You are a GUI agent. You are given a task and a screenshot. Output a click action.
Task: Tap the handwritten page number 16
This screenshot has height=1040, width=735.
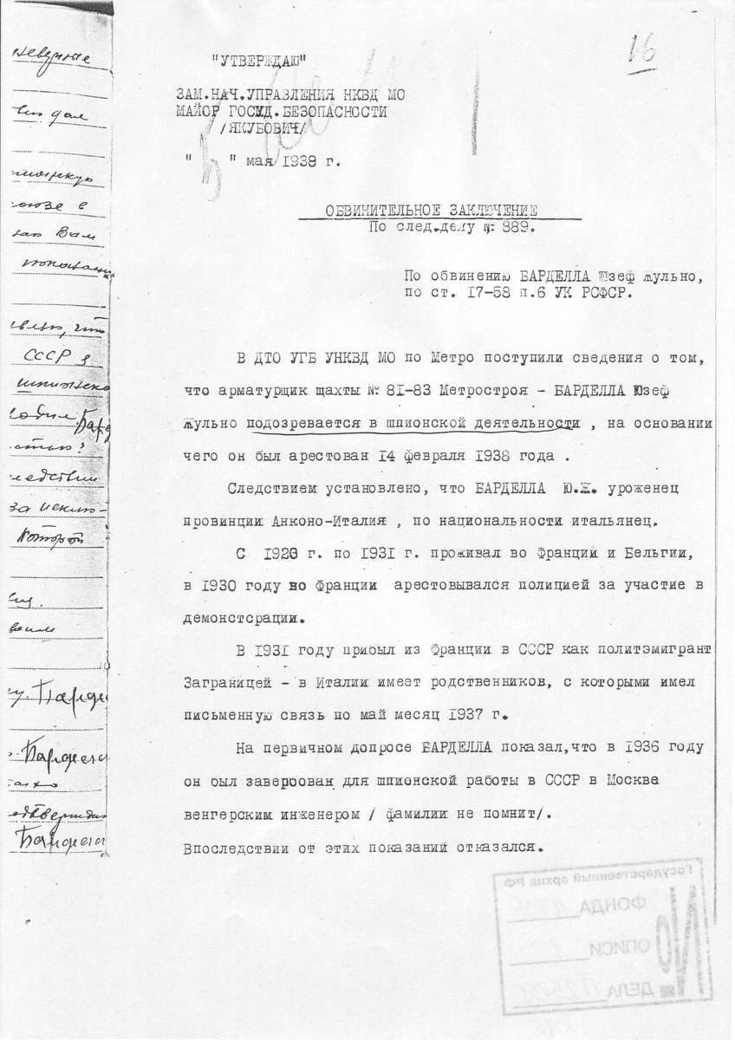coord(641,53)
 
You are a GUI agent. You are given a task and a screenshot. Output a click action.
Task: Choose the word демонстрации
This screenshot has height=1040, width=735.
coord(242,620)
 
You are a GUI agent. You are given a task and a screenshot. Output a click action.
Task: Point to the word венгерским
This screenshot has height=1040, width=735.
coord(229,815)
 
